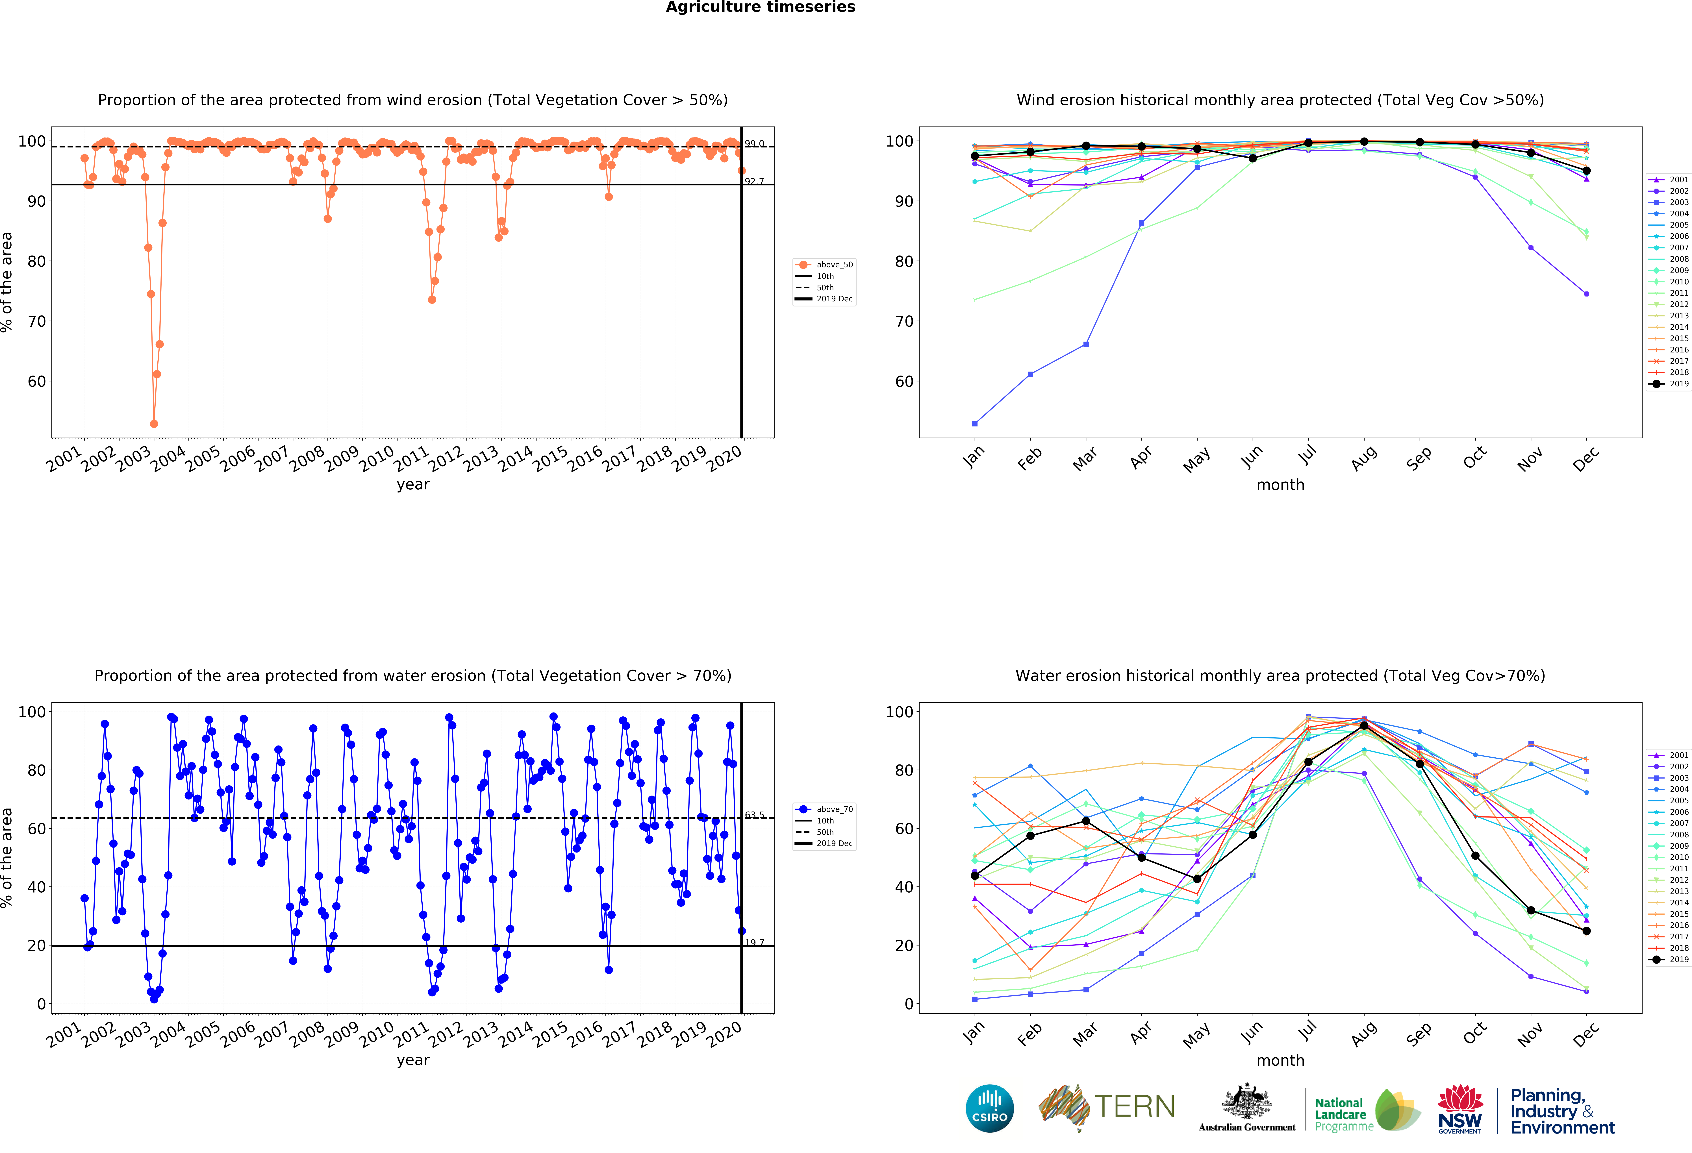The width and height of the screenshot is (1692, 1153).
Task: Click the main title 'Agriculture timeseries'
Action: click(760, 7)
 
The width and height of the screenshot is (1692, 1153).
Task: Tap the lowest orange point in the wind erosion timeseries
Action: click(154, 424)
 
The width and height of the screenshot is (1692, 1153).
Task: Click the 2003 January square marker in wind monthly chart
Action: click(975, 424)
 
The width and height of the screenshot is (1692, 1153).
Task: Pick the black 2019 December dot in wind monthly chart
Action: click(1586, 170)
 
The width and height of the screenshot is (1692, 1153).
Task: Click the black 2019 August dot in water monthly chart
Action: click(1364, 726)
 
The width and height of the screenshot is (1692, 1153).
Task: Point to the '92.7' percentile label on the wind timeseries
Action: click(754, 181)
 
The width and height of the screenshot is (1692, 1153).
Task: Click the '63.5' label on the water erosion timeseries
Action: click(754, 815)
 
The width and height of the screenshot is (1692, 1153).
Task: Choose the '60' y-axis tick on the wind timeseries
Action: click(36, 382)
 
